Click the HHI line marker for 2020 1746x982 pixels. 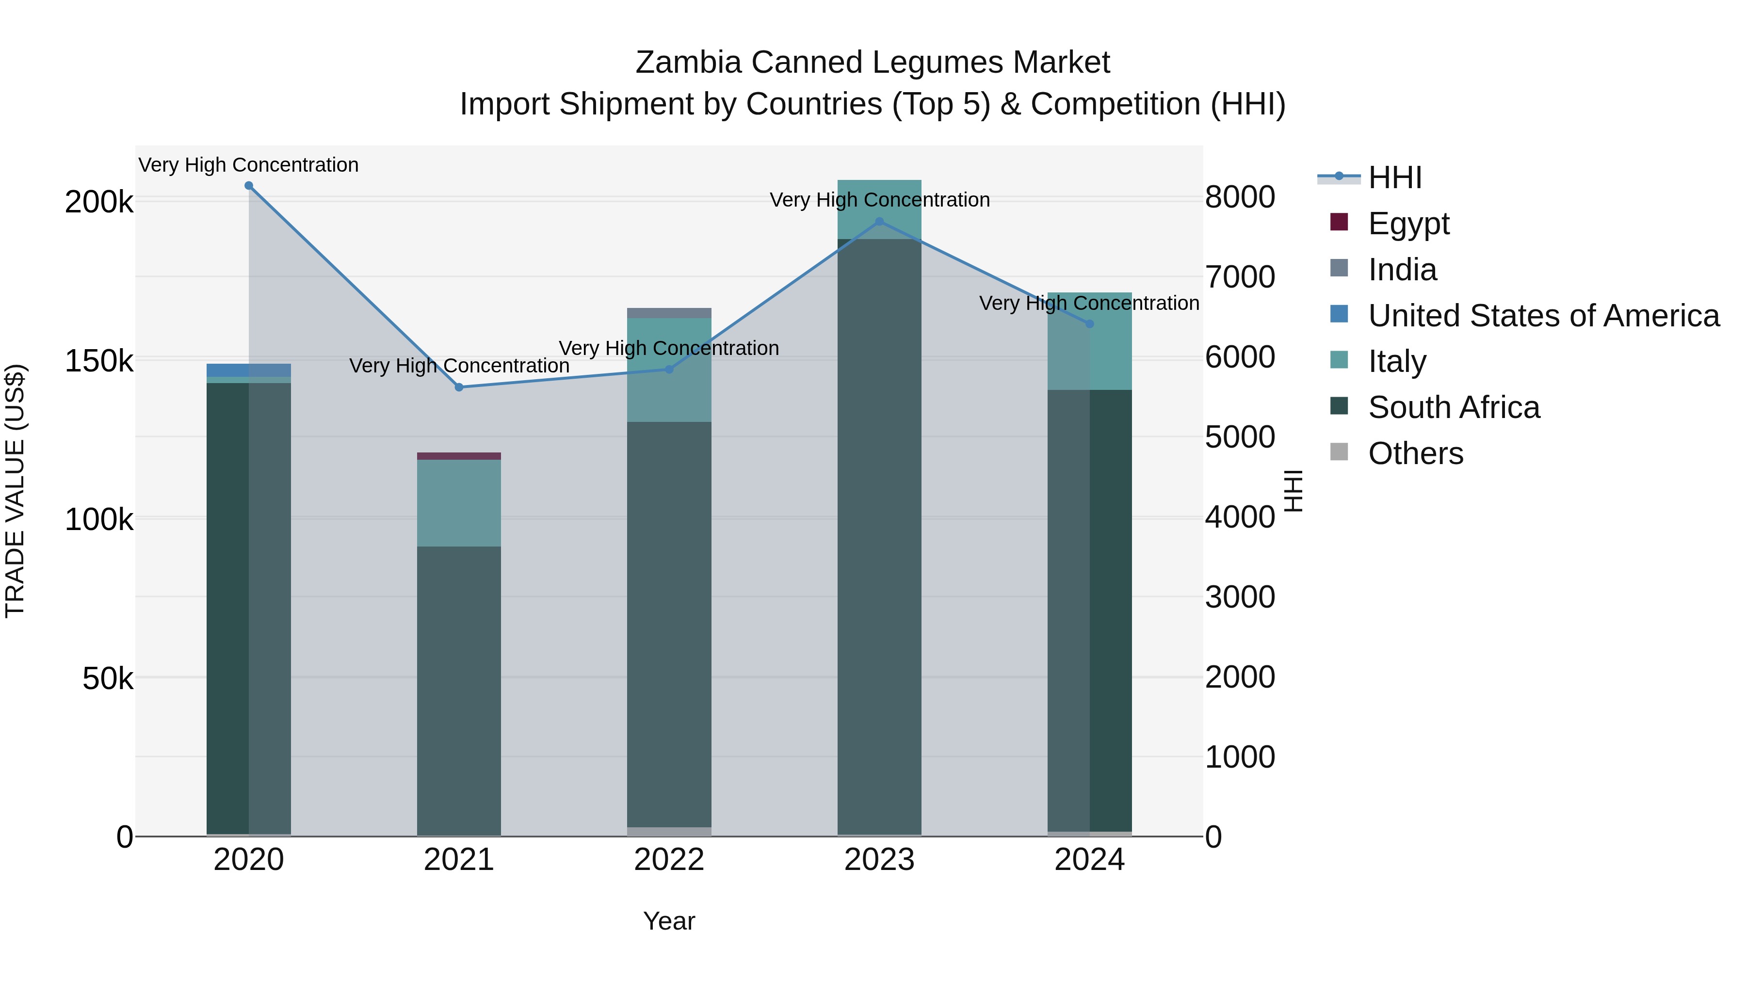pyautogui.click(x=249, y=186)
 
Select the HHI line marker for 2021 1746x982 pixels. pyautogui.click(x=459, y=387)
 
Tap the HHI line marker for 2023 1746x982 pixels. pyautogui.click(x=879, y=222)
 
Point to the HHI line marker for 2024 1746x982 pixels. pyautogui.click(x=1089, y=324)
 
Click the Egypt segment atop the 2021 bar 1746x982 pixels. pyautogui.click(x=459, y=456)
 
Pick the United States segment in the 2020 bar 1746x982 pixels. pyautogui.click(x=249, y=370)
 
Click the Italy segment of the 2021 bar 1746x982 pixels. pyautogui.click(x=459, y=503)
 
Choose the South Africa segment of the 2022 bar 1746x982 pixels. pyautogui.click(x=669, y=624)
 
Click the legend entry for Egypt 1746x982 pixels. pyautogui.click(x=1408, y=224)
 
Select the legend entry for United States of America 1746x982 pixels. pyautogui.click(x=1543, y=316)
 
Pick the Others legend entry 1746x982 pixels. pyautogui.click(x=1415, y=453)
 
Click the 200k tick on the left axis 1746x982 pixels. pyautogui.click(x=99, y=202)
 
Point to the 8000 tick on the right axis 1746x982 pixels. pyautogui.click(x=1240, y=197)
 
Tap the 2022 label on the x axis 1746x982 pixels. pyautogui.click(x=669, y=860)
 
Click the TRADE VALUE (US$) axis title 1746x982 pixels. pyautogui.click(x=15, y=491)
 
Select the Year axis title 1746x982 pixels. pyautogui.click(x=669, y=921)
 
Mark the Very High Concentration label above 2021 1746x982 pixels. pyautogui.click(x=459, y=366)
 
